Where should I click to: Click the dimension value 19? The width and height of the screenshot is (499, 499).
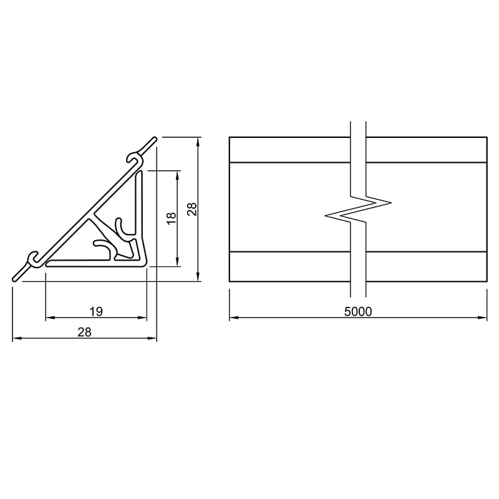click(96, 311)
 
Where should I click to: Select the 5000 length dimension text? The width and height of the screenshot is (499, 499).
click(358, 311)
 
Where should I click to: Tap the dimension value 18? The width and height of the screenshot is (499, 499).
click(171, 218)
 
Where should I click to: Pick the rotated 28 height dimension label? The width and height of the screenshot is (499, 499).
click(192, 210)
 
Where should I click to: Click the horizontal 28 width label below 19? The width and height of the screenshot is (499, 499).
click(85, 332)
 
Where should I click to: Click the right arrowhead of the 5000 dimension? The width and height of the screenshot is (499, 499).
click(482, 317)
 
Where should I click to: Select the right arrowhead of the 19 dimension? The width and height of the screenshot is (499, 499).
click(142, 317)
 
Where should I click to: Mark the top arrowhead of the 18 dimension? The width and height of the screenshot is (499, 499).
click(178, 175)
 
